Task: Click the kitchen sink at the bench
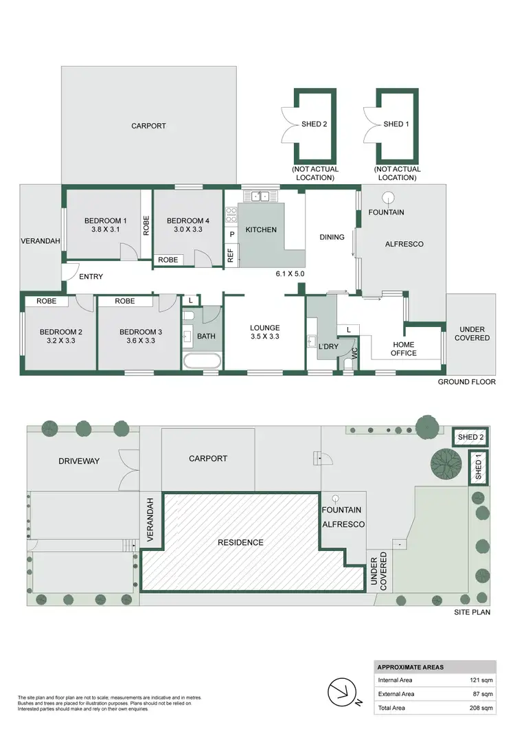click(x=260, y=196)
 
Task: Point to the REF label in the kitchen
click(x=231, y=254)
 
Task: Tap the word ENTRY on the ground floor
click(x=91, y=277)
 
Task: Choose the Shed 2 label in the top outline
click(x=314, y=124)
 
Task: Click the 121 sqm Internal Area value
click(x=483, y=680)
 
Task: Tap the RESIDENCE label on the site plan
click(x=240, y=542)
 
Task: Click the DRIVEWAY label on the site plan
click(x=79, y=461)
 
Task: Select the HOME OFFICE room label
click(x=404, y=348)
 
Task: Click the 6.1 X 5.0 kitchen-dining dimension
click(x=290, y=273)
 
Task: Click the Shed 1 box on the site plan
click(x=479, y=469)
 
